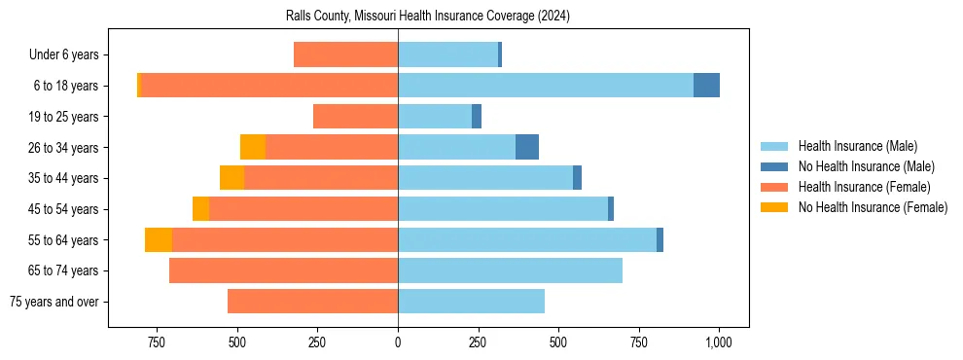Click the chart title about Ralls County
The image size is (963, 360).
coord(428,16)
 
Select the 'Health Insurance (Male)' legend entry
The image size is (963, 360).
coord(857,146)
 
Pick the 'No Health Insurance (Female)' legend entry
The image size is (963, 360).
coord(872,207)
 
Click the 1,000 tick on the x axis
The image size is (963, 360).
coord(719,342)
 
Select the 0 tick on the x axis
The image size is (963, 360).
coord(398,342)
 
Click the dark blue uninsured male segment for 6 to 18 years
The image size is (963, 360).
coord(706,86)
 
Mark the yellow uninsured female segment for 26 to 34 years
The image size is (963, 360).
coord(253,147)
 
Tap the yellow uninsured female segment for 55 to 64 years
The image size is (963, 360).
coord(159,239)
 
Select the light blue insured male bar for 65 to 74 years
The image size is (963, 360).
coord(510,270)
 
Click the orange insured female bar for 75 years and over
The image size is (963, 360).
coord(312,302)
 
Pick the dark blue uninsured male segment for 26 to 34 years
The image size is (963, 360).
coord(527,147)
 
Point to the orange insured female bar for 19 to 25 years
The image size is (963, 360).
coord(355,117)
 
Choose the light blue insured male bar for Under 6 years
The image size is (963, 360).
coord(447,54)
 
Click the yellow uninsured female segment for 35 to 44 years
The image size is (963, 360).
coord(232,178)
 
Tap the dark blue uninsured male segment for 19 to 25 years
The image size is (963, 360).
coord(477,117)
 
